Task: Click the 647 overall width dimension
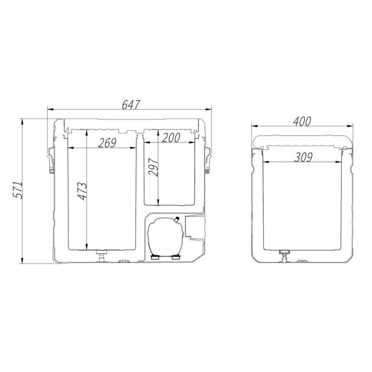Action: pos(131,105)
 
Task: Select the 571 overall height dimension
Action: pos(18,190)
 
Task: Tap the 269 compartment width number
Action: pos(107,143)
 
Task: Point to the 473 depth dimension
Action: pos(83,191)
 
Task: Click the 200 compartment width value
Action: pos(171,138)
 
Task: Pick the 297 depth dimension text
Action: pos(153,167)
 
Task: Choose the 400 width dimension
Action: pos(302,122)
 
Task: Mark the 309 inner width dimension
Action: pos(303,157)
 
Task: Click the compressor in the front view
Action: pos(165,237)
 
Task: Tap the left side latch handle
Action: pos(51,159)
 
